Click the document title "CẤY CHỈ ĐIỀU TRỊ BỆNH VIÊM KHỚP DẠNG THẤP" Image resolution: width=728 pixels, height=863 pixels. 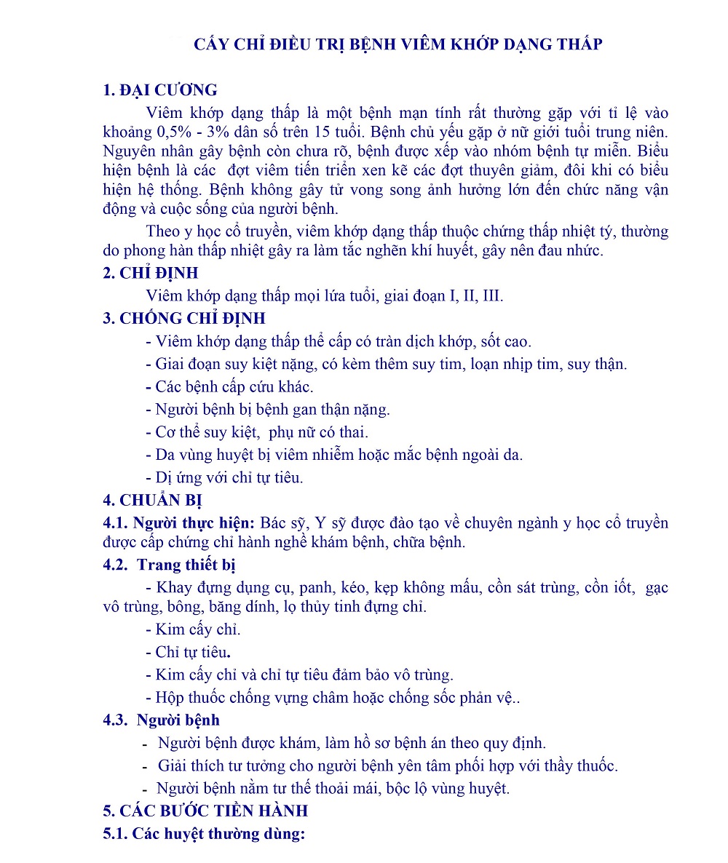click(398, 44)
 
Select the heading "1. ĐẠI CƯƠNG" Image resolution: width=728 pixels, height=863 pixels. click(160, 90)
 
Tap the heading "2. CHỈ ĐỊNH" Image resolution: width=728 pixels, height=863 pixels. click(151, 273)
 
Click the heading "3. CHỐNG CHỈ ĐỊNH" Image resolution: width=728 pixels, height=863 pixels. click(184, 318)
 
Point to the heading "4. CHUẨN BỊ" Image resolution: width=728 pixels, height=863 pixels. click(152, 500)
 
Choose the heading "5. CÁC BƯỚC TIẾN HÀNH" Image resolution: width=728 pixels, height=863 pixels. click(205, 811)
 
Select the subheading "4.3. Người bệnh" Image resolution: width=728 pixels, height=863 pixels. click(162, 720)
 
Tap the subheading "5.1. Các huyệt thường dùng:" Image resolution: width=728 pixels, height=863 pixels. click(204, 834)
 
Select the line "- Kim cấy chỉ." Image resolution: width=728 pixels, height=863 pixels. click(194, 629)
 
